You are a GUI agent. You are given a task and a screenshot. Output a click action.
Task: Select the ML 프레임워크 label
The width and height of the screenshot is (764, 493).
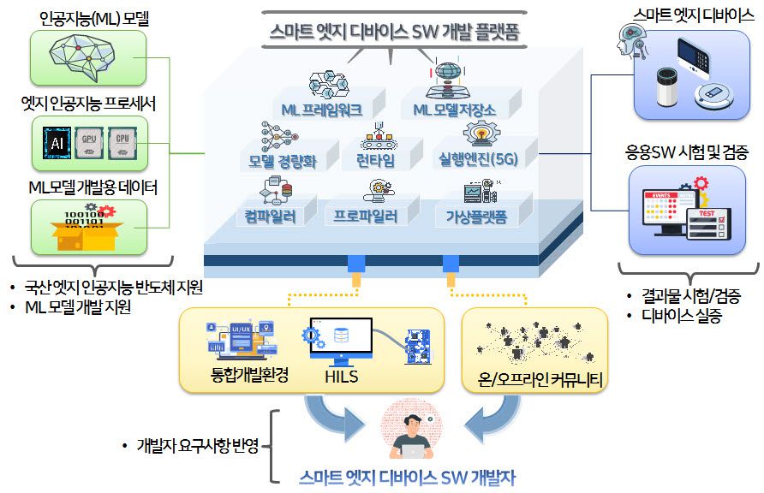(322, 110)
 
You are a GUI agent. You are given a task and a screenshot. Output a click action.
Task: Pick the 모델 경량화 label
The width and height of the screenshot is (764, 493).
(283, 162)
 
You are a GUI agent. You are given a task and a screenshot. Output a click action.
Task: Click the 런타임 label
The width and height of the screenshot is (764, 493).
(375, 162)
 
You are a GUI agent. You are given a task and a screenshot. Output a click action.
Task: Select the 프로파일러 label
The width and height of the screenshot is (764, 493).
(366, 217)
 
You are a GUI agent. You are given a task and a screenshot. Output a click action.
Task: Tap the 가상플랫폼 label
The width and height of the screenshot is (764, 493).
(476, 217)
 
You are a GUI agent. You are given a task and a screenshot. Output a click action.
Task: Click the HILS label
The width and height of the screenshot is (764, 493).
(341, 377)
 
